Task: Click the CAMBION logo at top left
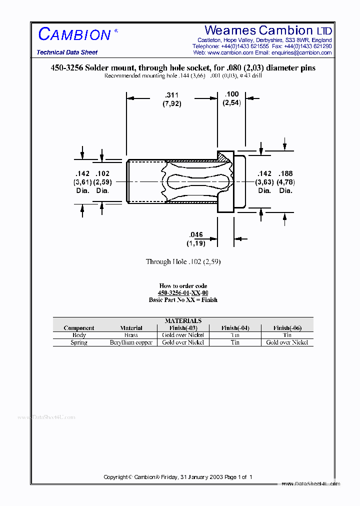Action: [74, 34]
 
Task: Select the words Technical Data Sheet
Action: [67, 52]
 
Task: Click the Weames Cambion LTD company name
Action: [268, 30]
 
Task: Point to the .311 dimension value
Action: [171, 95]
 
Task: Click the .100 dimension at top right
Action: [232, 94]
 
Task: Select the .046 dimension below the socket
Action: [196, 234]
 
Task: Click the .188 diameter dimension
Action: [285, 174]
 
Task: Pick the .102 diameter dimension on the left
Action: [102, 174]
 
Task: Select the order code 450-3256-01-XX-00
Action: [183, 293]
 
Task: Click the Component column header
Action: [79, 328]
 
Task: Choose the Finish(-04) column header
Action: [235, 328]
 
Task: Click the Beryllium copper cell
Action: [131, 342]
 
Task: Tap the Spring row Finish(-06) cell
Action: [287, 342]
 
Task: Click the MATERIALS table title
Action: [183, 320]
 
